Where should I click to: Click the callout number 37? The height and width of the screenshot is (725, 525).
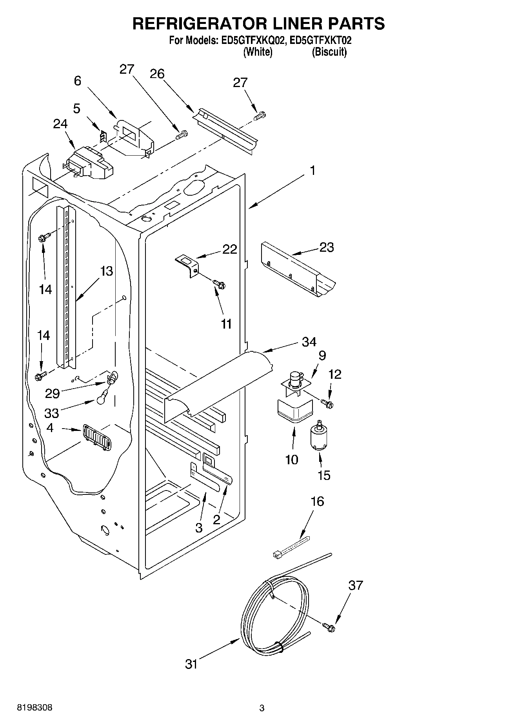pos(356,586)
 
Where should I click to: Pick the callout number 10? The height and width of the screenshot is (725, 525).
pos(292,459)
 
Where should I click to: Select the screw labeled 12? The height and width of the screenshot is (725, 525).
pos(327,403)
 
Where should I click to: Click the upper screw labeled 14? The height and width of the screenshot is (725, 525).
pos(44,238)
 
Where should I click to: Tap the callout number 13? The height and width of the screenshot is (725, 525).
pos(106,271)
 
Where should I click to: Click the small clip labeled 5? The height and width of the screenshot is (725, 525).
pos(103,136)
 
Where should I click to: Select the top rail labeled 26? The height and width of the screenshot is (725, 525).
pos(225,129)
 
